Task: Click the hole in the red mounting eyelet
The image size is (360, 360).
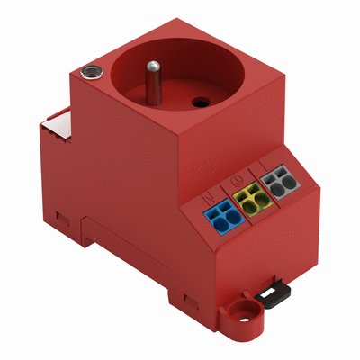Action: pyautogui.click(x=241, y=313)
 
